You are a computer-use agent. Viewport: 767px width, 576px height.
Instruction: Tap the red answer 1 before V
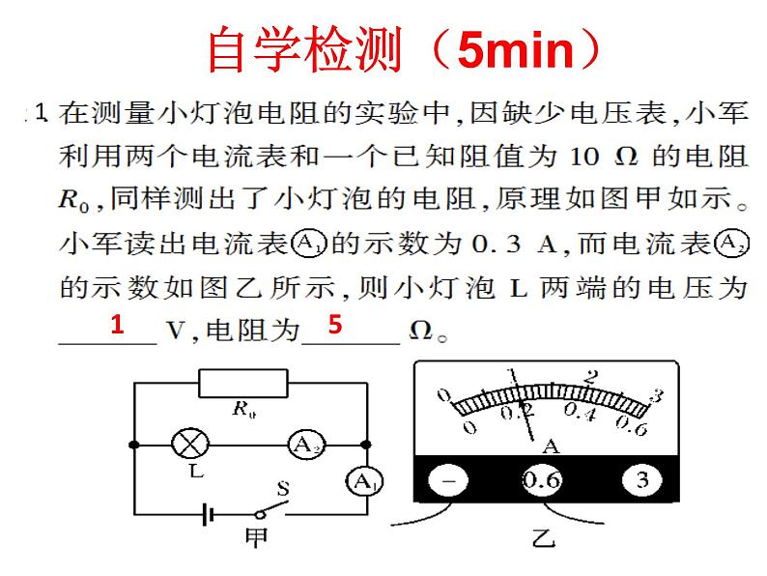coord(117,326)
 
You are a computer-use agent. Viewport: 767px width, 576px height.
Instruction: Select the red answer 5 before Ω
coord(335,326)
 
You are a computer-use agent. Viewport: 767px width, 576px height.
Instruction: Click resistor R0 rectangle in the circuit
coord(243,384)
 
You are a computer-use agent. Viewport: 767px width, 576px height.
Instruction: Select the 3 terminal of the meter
coord(642,481)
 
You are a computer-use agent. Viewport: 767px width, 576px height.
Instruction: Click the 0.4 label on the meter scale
coord(580,413)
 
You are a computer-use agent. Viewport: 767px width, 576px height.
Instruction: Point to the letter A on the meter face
coord(552,445)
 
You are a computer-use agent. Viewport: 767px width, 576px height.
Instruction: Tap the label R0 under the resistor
coord(242,409)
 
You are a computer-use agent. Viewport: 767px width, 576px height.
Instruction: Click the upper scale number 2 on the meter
coord(593,377)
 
